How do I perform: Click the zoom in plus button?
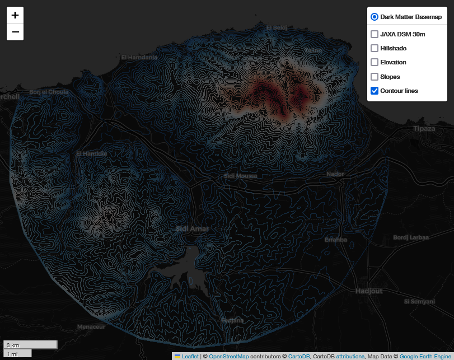(15, 15)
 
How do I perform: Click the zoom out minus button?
(15, 32)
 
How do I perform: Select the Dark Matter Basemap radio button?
(375, 17)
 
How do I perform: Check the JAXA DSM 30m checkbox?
(375, 34)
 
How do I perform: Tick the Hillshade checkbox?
(375, 48)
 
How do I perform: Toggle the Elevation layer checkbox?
(375, 62)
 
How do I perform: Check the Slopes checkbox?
(375, 77)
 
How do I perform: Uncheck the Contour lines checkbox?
(375, 91)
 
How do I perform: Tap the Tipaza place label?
(424, 129)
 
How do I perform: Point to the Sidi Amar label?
(192, 228)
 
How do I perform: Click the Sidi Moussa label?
(240, 176)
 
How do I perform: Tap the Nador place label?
(335, 174)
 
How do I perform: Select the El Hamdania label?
(139, 57)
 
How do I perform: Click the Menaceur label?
(91, 326)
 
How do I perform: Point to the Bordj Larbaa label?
(411, 237)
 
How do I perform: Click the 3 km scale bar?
(30, 345)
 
